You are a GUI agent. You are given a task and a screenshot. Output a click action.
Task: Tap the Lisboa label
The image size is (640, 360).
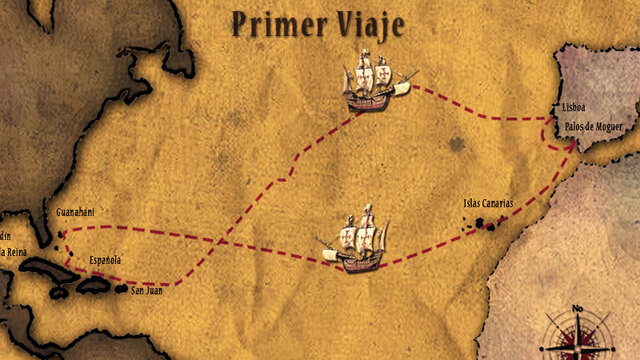[574, 107]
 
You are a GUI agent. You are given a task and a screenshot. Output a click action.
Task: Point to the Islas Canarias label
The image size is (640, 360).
[489, 203]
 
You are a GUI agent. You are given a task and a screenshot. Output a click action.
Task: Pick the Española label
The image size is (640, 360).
[105, 260]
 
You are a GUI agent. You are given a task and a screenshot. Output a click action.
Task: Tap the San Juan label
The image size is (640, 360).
[146, 291]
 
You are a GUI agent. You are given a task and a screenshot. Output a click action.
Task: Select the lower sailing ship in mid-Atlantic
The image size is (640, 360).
[355, 240]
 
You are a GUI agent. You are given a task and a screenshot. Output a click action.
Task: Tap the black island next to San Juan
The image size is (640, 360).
[121, 290]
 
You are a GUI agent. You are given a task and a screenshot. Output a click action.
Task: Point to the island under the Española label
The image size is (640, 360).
[94, 285]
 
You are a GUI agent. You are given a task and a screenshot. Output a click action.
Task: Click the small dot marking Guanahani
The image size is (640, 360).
[59, 235]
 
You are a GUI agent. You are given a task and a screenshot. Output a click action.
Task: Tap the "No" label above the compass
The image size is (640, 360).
[576, 308]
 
